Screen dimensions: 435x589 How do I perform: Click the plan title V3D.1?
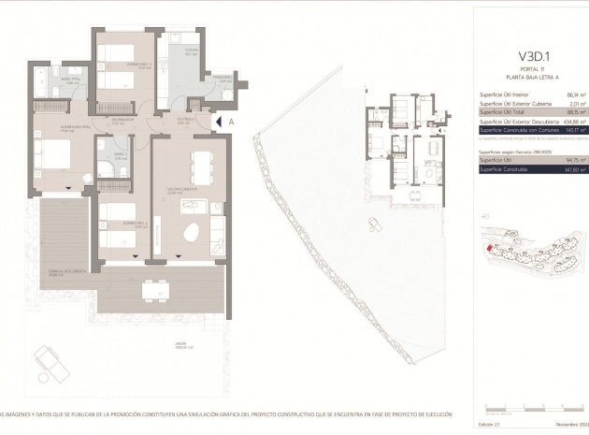(530, 42)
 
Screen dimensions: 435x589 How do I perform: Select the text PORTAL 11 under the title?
(530, 58)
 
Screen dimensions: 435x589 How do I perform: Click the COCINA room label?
(190, 51)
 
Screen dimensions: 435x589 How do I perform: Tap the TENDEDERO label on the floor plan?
(220, 77)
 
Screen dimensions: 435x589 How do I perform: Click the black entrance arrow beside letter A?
(219, 121)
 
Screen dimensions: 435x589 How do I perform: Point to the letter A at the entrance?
(230, 121)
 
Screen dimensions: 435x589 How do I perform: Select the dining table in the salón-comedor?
(199, 166)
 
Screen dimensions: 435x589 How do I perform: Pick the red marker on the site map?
(488, 248)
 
